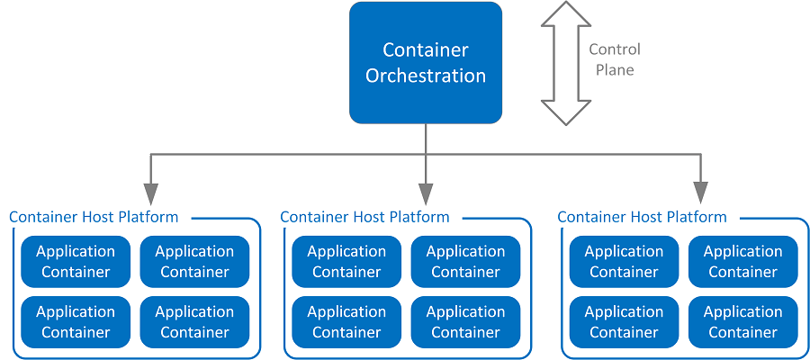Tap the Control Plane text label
point(614,59)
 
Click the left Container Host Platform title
point(94,217)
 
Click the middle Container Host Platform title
point(364,217)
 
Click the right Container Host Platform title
point(642,217)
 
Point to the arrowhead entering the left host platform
point(150,193)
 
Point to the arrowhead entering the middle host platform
point(426,193)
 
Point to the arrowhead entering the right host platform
point(700,193)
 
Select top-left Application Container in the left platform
point(76,262)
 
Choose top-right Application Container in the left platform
point(194,262)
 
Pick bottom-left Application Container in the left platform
point(76,322)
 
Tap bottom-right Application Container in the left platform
point(194,322)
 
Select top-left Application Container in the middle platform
point(346,262)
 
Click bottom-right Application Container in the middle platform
point(465,322)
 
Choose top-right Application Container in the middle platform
point(465,262)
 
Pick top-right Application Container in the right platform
point(742,262)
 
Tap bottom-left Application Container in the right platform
point(624,322)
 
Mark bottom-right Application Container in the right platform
point(742,322)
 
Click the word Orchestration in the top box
point(426,76)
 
